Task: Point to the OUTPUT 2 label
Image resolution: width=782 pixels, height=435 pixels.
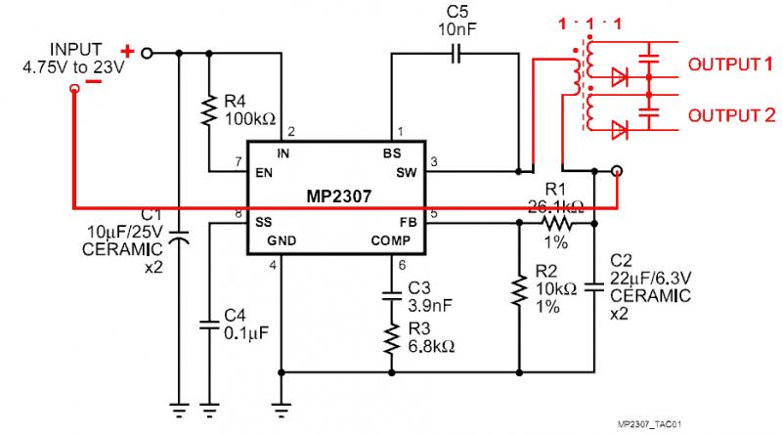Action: (729, 116)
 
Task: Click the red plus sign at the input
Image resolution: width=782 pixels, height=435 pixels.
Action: (127, 49)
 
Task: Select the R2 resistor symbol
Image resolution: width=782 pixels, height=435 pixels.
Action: (518, 291)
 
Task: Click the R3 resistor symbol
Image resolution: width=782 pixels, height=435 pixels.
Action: (391, 338)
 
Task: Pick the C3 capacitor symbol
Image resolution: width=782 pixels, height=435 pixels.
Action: (391, 296)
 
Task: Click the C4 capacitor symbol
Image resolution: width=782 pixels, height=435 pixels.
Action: (209, 324)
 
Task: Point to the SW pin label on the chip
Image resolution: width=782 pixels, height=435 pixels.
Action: (406, 173)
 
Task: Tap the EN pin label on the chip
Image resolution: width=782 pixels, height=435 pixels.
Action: (264, 173)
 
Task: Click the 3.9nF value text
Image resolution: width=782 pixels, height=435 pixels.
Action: (428, 306)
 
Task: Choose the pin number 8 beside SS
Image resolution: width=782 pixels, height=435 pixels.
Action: (239, 212)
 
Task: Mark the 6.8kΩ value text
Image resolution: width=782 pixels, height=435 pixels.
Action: (430, 346)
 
